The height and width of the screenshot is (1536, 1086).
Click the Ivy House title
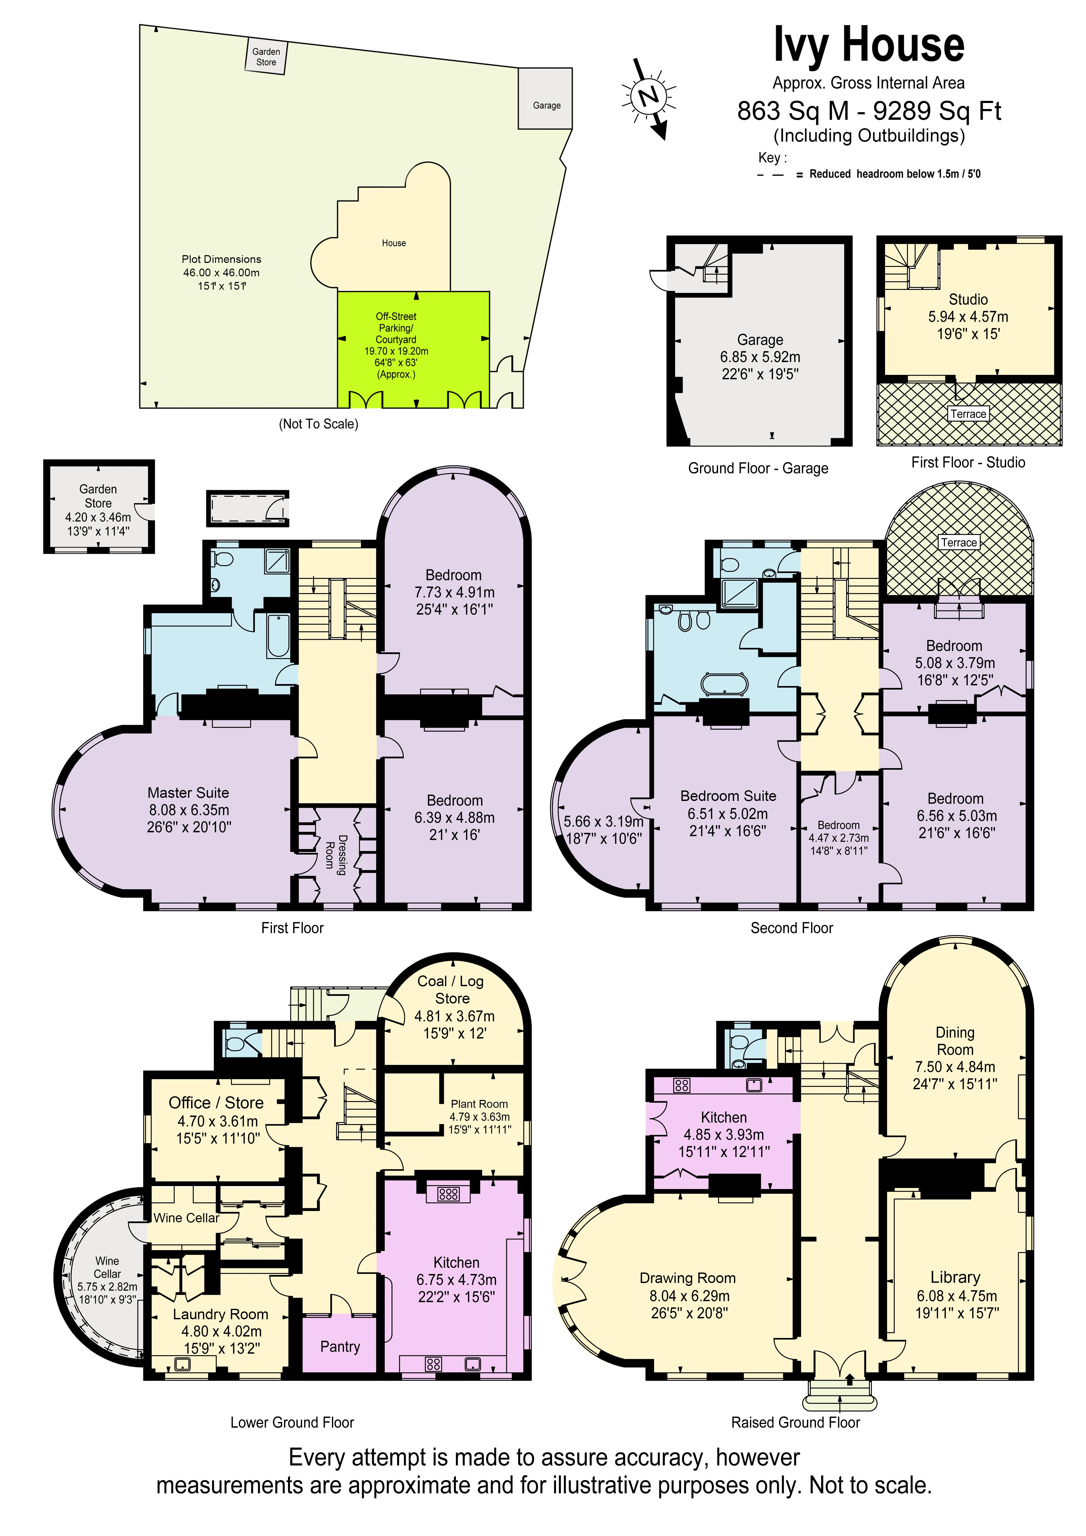pyautogui.click(x=868, y=45)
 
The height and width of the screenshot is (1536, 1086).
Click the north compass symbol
pyautogui.click(x=648, y=96)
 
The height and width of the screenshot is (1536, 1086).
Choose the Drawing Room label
pyautogui.click(x=687, y=1278)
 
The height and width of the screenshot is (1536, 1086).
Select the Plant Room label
pyautogui.click(x=479, y=1104)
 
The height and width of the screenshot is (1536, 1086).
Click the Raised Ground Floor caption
pyautogui.click(x=795, y=1422)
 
